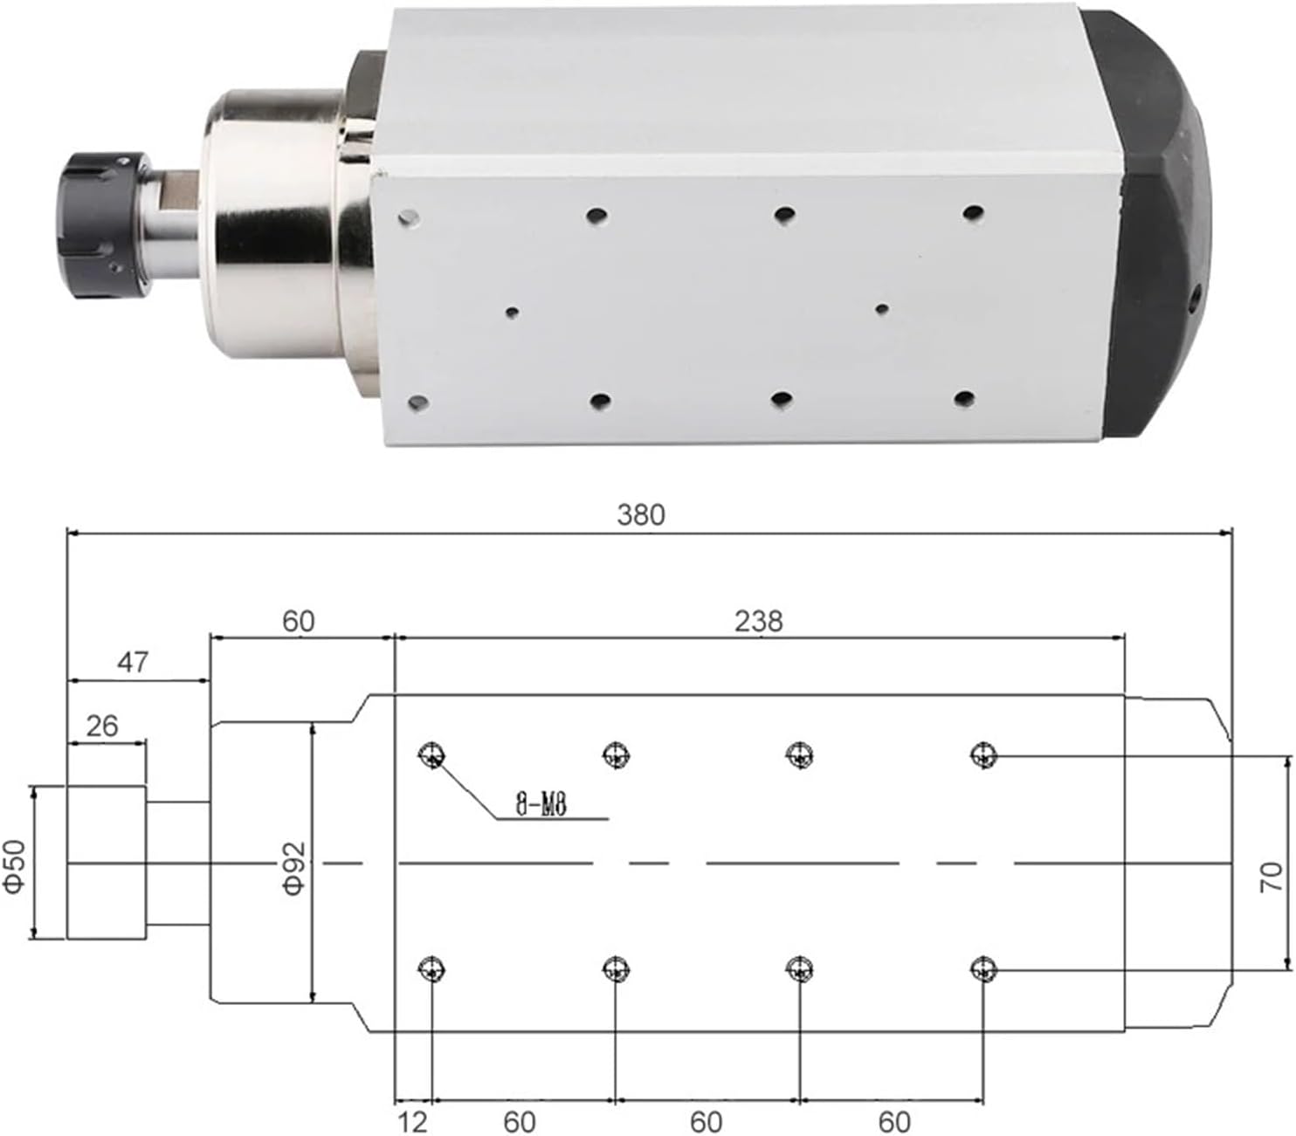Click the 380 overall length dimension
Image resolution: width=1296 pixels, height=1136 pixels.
(x=640, y=515)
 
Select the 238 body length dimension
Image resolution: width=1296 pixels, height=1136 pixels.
(x=758, y=622)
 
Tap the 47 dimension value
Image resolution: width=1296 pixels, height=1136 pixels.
(x=133, y=663)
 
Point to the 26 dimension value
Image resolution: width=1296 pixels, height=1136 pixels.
(x=101, y=726)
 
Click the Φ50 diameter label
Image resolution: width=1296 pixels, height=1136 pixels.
(x=15, y=865)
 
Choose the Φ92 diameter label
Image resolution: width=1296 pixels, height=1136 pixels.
(x=293, y=867)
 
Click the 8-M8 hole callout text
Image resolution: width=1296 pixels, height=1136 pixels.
(x=541, y=805)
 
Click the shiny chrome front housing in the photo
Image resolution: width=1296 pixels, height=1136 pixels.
(x=279, y=223)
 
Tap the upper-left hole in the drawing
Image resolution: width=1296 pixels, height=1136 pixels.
(x=431, y=754)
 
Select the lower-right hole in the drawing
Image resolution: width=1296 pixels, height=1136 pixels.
(x=983, y=967)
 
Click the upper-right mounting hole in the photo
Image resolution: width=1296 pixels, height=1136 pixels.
(x=973, y=212)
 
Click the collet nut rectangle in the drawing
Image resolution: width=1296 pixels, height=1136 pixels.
(x=107, y=863)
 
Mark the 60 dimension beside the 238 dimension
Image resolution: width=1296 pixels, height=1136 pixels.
(x=298, y=622)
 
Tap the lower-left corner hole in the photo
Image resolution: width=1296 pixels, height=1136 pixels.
(x=418, y=403)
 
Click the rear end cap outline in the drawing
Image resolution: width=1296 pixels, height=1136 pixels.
(x=1179, y=863)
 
